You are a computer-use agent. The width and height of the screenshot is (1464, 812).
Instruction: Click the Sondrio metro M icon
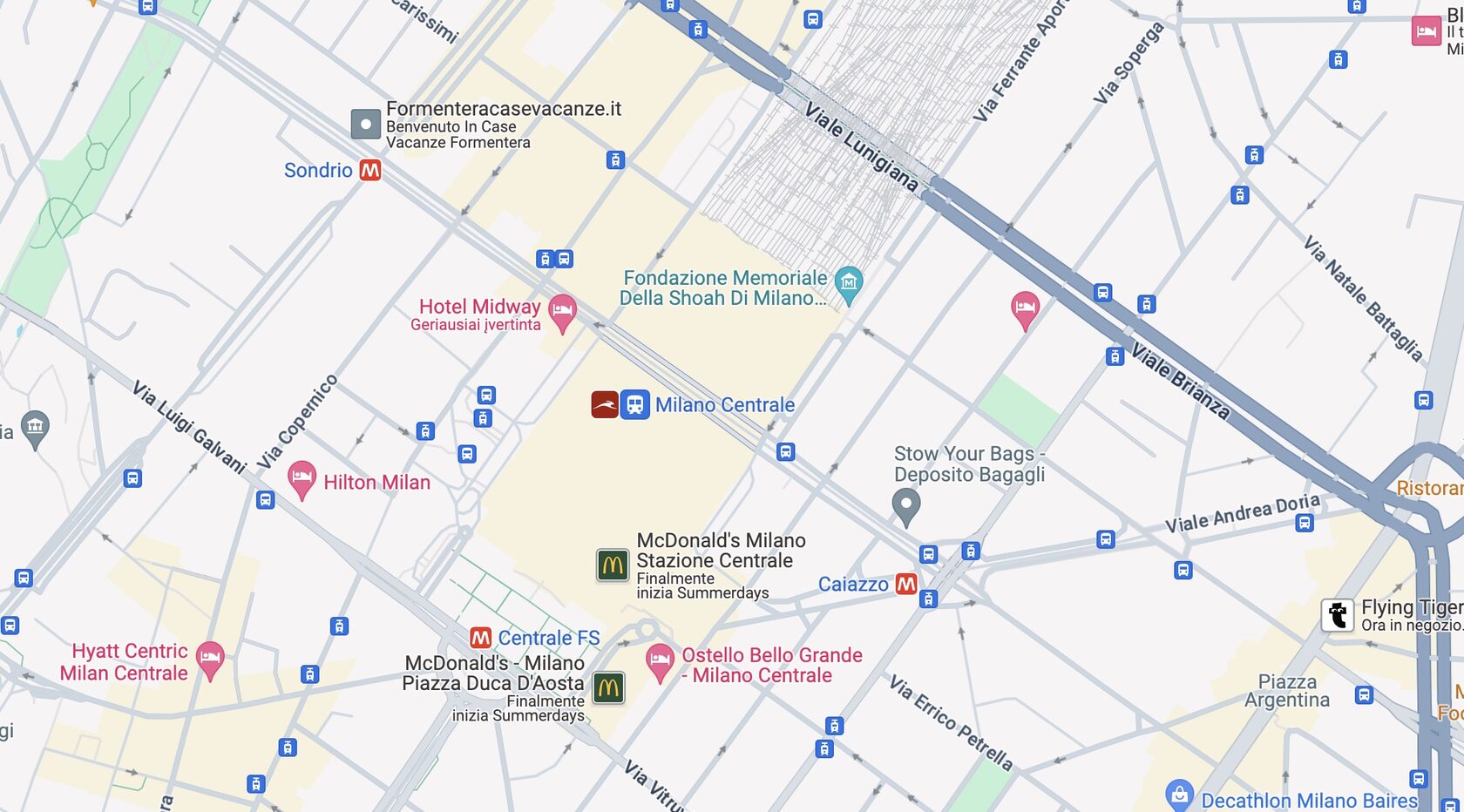[370, 170]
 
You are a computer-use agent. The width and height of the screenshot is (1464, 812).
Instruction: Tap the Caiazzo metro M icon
[906, 584]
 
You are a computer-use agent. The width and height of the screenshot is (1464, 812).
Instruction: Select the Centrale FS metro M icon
[480, 638]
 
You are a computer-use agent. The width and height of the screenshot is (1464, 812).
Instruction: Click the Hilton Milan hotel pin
[302, 478]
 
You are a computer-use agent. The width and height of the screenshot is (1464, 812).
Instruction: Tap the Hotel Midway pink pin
[562, 311]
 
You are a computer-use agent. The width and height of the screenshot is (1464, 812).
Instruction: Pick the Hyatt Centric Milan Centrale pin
[210, 658]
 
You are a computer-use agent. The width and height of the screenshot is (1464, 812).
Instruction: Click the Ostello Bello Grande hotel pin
[660, 660]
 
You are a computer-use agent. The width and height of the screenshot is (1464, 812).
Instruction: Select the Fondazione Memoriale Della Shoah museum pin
[849, 283]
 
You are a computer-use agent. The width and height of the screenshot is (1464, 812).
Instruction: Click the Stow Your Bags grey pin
[906, 504]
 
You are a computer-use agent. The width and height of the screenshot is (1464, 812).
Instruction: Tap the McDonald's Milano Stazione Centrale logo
[613, 565]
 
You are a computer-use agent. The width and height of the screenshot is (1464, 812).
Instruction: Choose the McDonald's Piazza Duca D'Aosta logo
[608, 687]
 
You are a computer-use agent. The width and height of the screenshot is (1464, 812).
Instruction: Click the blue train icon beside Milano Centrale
[635, 404]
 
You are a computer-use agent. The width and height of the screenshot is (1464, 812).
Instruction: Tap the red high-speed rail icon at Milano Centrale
[605, 404]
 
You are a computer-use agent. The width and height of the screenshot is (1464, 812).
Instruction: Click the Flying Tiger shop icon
[1338, 615]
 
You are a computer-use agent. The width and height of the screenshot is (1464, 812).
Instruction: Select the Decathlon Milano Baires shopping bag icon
[1179, 795]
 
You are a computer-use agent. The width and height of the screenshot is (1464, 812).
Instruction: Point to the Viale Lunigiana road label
[860, 147]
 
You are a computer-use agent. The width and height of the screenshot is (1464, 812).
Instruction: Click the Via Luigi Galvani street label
[189, 427]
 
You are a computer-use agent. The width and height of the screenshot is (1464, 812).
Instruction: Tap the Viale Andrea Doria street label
[1243, 513]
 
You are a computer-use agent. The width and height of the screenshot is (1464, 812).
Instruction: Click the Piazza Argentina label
[1287, 691]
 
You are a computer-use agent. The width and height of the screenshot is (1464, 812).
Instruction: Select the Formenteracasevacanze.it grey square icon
[366, 124]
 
